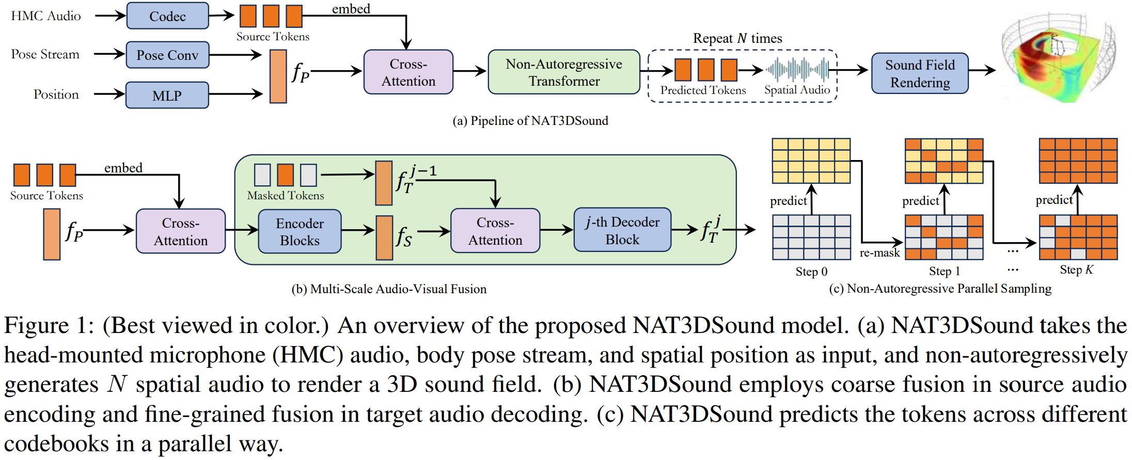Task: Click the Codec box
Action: [x=167, y=16]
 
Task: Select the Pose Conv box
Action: [x=167, y=55]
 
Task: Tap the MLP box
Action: [x=167, y=96]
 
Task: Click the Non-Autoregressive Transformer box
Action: [x=564, y=72]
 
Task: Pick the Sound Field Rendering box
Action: [x=920, y=73]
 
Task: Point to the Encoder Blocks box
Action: [x=300, y=232]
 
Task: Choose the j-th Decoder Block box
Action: [x=622, y=230]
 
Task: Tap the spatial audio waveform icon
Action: [x=797, y=69]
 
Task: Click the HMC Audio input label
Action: [x=46, y=16]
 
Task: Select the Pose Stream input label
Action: [x=45, y=54]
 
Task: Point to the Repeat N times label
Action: [x=737, y=38]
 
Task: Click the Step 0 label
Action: [x=811, y=272]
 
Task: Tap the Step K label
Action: [x=1077, y=269]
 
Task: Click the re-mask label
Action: [x=879, y=253]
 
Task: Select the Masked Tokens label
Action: [x=286, y=196]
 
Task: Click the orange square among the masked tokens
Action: [x=286, y=175]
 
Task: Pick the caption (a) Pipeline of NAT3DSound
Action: [x=530, y=121]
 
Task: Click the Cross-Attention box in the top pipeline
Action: [x=408, y=72]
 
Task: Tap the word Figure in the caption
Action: [x=36, y=326]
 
